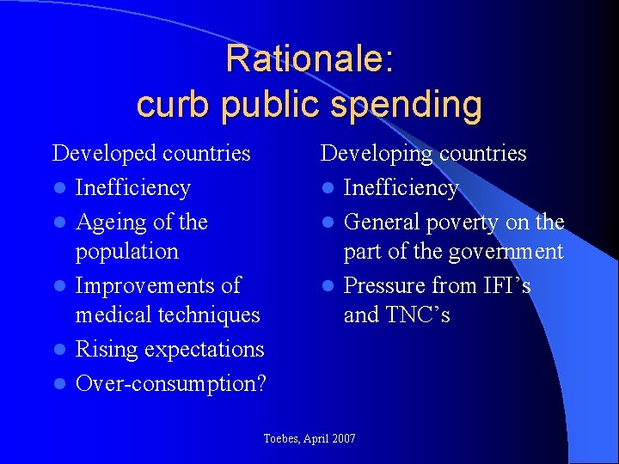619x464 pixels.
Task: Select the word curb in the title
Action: tap(169, 105)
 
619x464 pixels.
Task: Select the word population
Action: tap(127, 252)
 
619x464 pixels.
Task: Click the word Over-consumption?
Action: tap(171, 383)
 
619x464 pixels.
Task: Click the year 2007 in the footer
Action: tap(341, 439)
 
